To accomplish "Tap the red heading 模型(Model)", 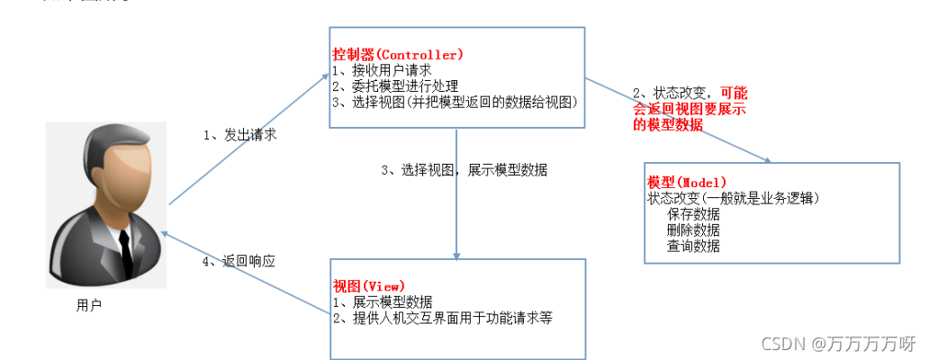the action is (x=687, y=183).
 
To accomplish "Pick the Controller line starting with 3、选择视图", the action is (x=455, y=103).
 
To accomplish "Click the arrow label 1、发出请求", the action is (x=239, y=135).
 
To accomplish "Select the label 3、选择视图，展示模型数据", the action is (x=464, y=169).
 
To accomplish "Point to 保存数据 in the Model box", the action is (x=693, y=214).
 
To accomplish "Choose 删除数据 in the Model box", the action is (x=693, y=229).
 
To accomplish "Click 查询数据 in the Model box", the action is (x=693, y=246).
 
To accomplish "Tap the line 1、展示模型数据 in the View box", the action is (x=383, y=301).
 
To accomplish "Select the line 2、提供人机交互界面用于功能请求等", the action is (x=442, y=318).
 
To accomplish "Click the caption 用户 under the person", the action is (x=89, y=306).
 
